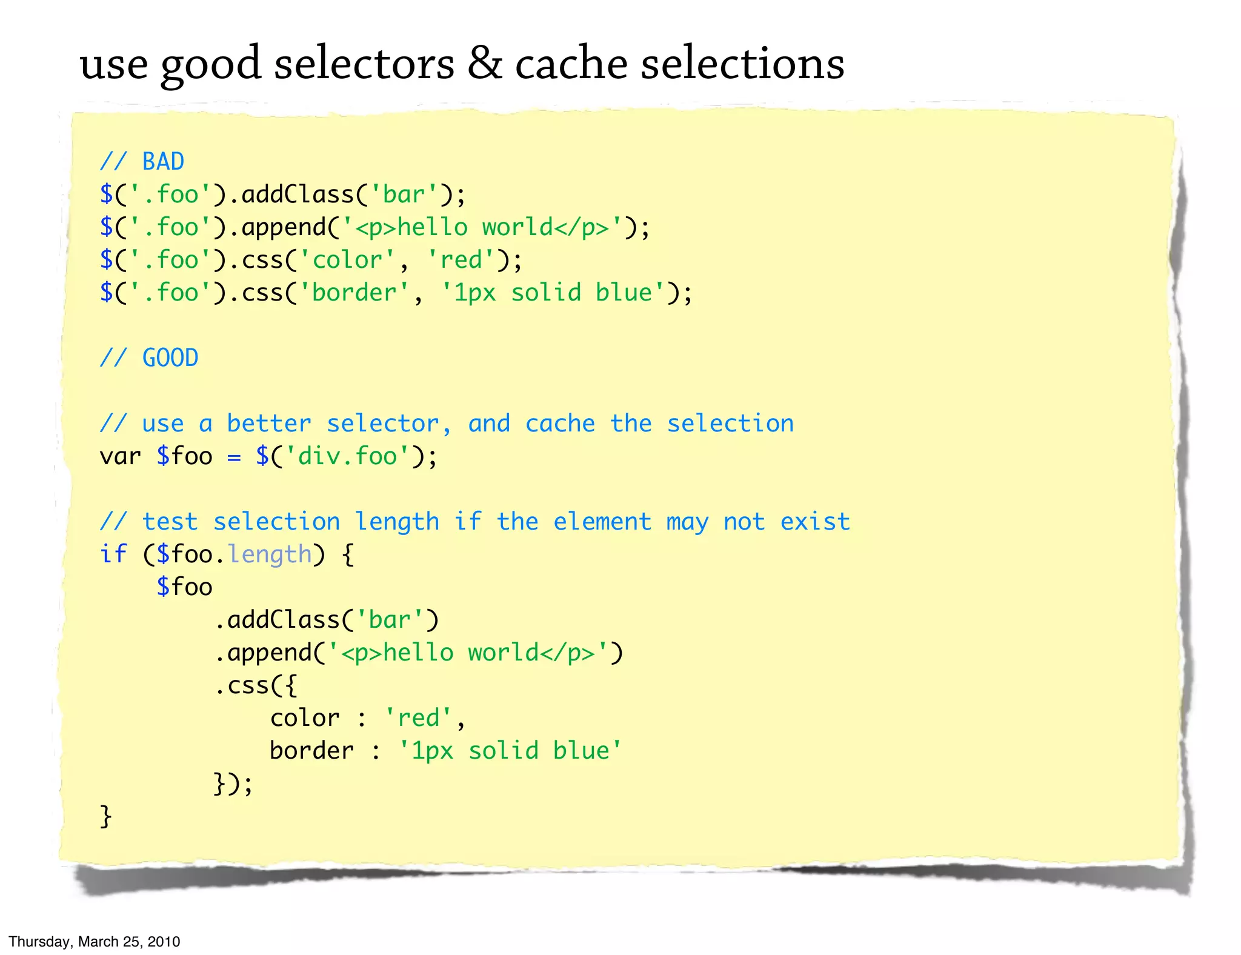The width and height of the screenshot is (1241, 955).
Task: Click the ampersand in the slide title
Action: (484, 63)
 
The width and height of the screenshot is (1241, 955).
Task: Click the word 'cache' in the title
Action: (571, 64)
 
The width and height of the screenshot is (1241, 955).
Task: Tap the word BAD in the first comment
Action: (163, 162)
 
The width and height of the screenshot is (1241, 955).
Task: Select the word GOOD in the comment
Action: (170, 358)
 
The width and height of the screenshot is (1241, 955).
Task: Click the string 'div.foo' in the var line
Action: (347, 456)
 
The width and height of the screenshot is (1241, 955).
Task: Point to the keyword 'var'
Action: (120, 456)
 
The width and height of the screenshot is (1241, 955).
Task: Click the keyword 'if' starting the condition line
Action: (113, 554)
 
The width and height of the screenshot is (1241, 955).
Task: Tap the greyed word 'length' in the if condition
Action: (270, 554)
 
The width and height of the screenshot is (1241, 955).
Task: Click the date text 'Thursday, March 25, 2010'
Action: (95, 942)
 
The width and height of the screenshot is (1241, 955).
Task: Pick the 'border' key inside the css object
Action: (311, 751)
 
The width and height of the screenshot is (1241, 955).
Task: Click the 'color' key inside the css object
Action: (305, 718)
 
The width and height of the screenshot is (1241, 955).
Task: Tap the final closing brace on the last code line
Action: (106, 816)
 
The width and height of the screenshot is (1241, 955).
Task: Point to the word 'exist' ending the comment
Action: (815, 522)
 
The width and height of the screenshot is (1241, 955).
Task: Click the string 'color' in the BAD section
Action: (347, 260)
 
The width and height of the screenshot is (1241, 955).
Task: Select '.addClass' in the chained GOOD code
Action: (277, 620)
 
